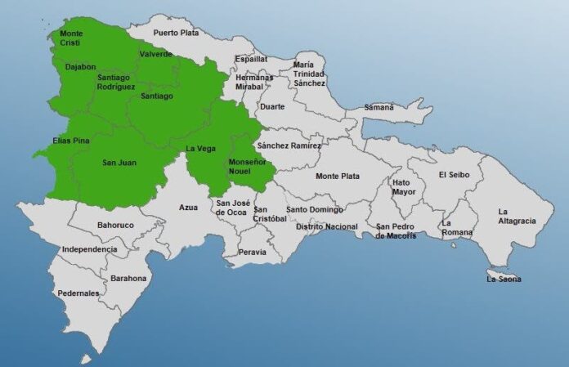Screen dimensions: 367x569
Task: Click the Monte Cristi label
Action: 71,38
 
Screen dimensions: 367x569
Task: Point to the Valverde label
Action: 155,54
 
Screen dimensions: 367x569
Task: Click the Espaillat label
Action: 251,59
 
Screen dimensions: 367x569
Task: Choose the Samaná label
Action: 379,107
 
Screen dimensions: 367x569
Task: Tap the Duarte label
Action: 271,106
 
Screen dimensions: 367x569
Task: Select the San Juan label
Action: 119,163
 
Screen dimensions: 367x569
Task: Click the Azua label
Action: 188,207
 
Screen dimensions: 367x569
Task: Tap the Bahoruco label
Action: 114,224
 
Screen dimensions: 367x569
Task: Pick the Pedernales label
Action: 78,293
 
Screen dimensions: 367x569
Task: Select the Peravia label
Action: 253,252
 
